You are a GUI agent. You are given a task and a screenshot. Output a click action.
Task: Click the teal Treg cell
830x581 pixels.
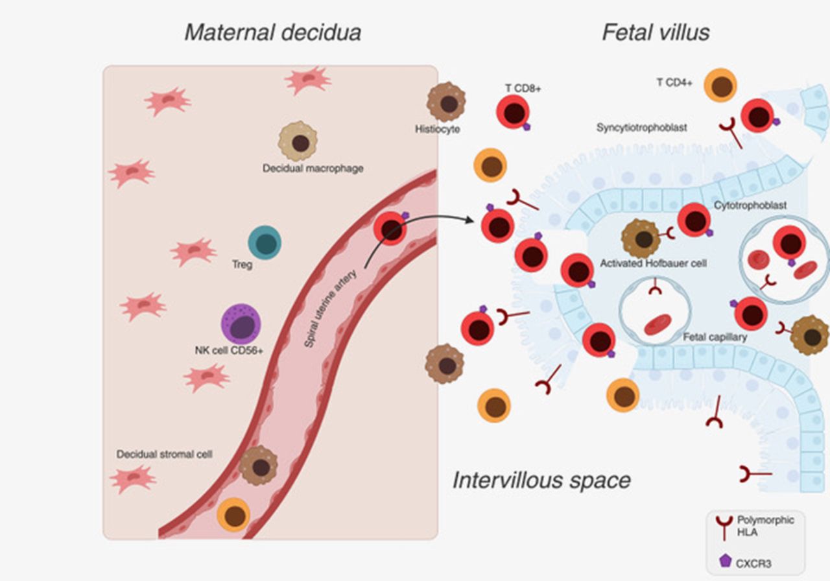[265, 243]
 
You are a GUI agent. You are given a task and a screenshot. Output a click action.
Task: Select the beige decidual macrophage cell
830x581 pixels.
[298, 141]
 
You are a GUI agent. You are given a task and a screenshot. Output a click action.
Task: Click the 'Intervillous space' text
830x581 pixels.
[541, 480]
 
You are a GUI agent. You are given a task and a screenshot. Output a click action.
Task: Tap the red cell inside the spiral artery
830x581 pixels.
[390, 230]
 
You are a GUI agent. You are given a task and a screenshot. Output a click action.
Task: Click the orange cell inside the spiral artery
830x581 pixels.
[233, 515]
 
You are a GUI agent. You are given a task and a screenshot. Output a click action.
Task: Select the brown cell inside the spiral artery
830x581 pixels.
[258, 466]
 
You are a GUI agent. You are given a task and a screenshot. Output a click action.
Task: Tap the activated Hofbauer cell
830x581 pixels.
[641, 238]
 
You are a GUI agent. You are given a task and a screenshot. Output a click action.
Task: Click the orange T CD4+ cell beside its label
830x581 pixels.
[720, 85]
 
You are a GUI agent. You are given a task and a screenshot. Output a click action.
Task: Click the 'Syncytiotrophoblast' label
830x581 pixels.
[641, 128]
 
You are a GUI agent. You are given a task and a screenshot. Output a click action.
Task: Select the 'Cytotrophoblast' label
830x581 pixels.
[750, 205]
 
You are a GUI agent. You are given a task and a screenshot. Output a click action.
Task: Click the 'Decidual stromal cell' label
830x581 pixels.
[164, 454]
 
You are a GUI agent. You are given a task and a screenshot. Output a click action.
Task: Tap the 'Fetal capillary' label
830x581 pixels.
[715, 337]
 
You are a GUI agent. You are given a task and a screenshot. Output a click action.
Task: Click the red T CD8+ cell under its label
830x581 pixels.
[514, 112]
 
